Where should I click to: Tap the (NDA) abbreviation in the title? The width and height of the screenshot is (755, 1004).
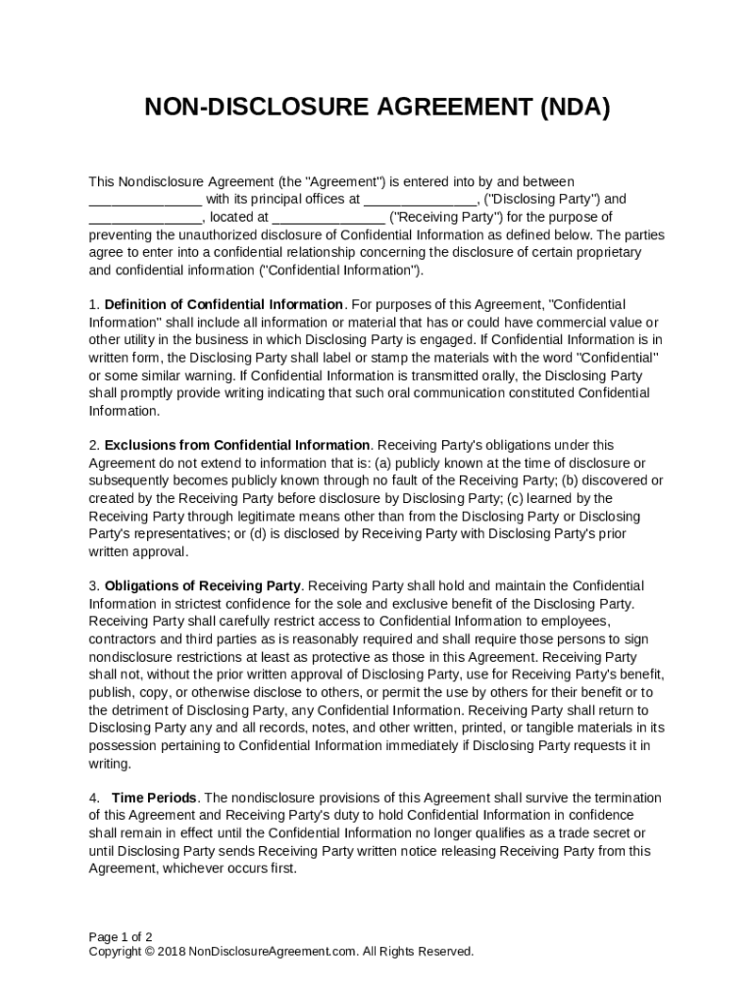[x=574, y=108]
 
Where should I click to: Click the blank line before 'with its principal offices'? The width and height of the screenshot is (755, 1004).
[x=145, y=199]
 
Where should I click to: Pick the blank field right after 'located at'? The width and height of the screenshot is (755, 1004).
[x=328, y=218]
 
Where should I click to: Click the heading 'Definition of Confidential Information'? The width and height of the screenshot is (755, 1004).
[x=224, y=305]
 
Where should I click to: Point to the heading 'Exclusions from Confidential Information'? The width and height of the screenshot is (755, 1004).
[x=237, y=445]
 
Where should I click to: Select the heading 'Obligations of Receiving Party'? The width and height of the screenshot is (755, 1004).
[x=202, y=586]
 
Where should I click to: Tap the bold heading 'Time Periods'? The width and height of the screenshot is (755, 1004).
[x=154, y=798]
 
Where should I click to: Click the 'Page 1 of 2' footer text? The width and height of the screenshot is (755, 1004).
[x=121, y=936]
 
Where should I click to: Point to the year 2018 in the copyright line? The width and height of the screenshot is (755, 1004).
[x=171, y=951]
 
